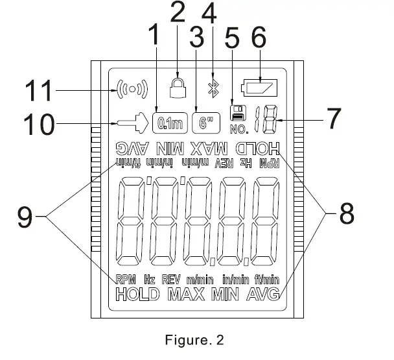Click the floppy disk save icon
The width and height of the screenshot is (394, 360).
click(238, 112)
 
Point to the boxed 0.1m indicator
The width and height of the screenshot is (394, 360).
click(168, 121)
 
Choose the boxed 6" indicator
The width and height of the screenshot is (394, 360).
click(206, 121)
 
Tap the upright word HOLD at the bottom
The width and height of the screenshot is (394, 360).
click(137, 295)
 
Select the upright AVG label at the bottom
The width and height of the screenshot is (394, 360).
click(266, 295)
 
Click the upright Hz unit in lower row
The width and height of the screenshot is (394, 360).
click(150, 280)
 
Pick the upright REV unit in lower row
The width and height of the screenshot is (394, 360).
click(170, 280)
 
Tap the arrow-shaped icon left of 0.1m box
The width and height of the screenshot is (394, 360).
click(133, 121)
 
